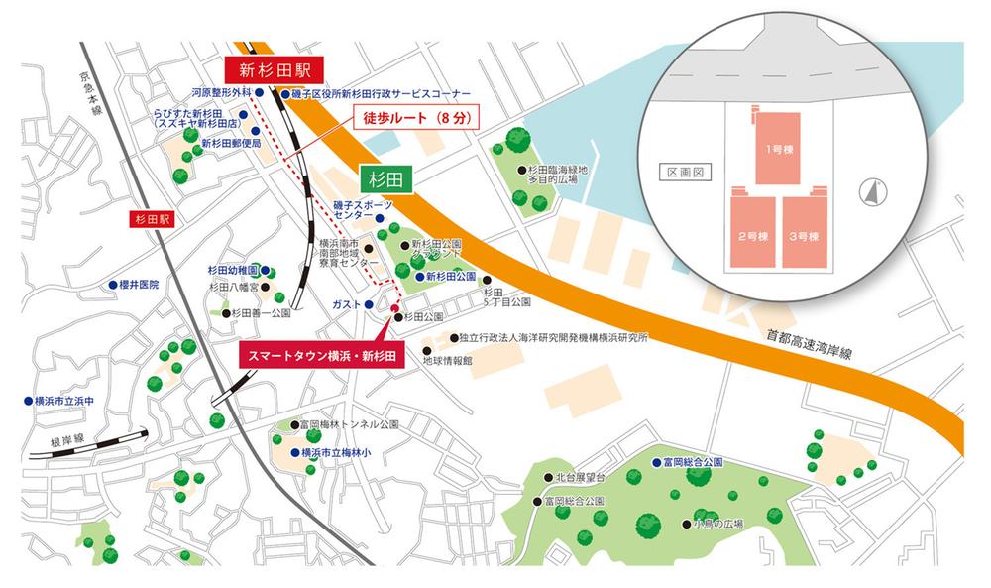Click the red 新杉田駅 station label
[269, 70]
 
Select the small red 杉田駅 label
[151, 218]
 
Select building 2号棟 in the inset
[753, 235]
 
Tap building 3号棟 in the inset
[806, 235]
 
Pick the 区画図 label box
[684, 172]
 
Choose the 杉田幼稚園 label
[233, 270]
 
